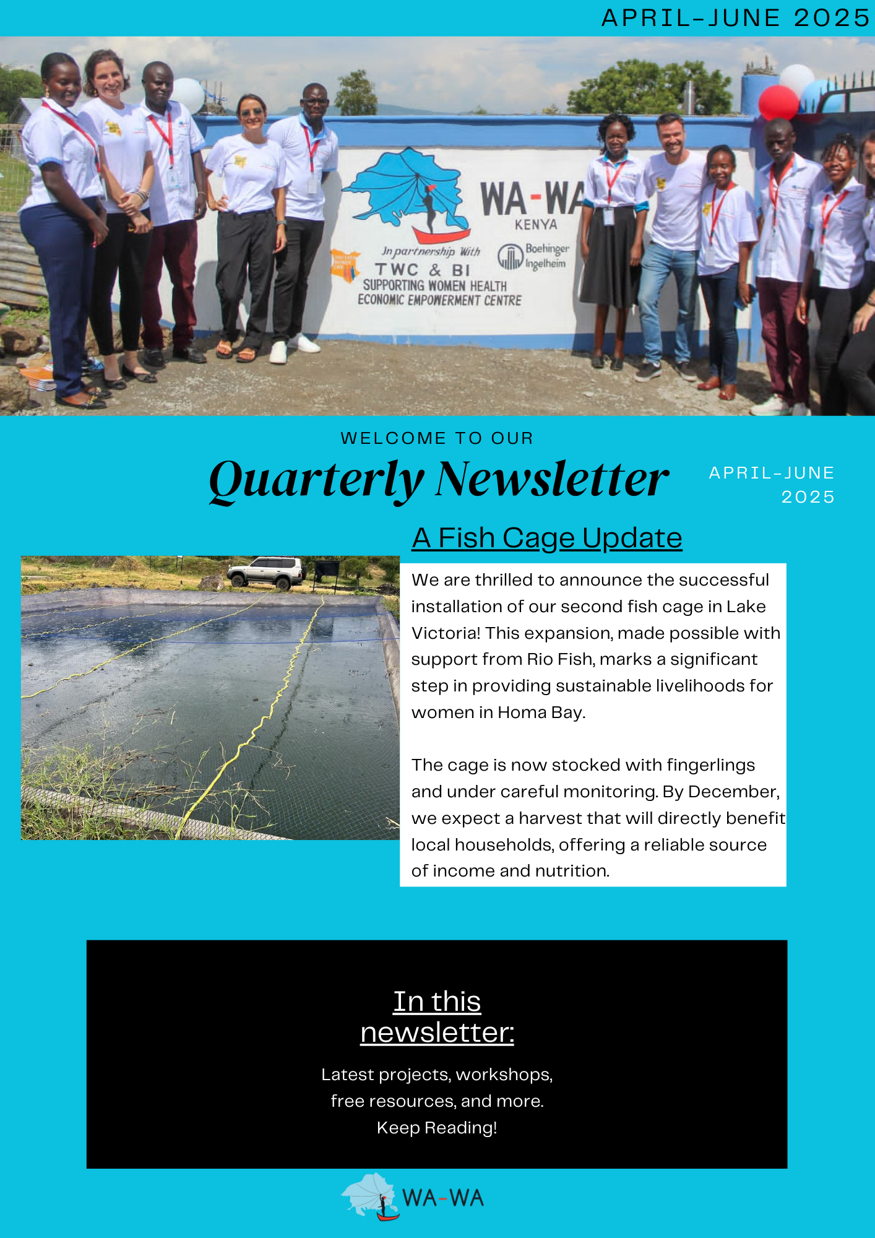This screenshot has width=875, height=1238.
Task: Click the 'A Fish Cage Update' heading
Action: [547, 538]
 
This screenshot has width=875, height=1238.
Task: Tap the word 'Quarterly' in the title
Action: [316, 480]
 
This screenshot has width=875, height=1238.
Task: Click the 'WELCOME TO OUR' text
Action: [437, 438]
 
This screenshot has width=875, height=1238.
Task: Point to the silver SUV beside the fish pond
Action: [267, 572]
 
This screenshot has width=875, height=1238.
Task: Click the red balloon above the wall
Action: [778, 102]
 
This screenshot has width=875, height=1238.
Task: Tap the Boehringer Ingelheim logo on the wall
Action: [533, 256]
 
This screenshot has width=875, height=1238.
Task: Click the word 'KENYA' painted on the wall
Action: [536, 225]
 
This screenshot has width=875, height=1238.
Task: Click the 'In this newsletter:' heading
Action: [437, 1016]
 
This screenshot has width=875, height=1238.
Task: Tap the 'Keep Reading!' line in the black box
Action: [437, 1128]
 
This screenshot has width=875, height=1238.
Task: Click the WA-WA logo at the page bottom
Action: [413, 1198]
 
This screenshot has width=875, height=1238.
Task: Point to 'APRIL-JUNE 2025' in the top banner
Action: [736, 18]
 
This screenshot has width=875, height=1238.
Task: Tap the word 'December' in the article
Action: [733, 792]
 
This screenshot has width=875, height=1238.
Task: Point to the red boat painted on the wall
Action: [441, 236]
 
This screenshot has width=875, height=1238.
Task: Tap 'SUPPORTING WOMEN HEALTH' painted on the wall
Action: [434, 285]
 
